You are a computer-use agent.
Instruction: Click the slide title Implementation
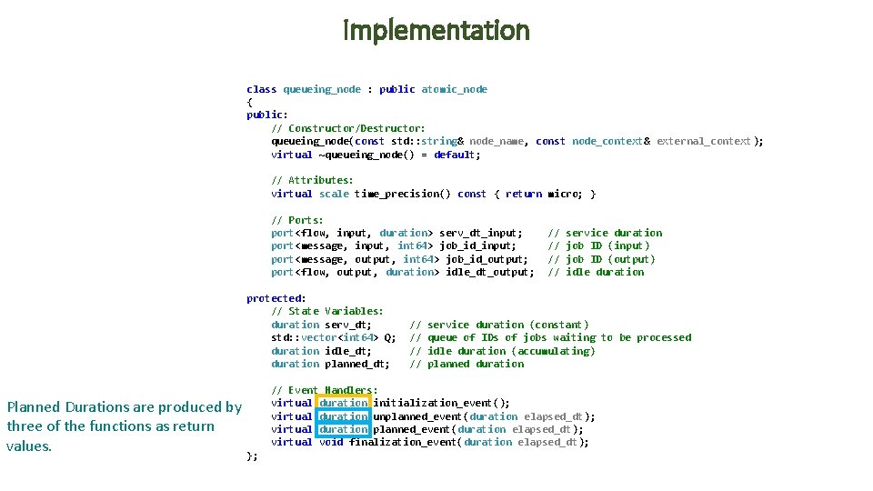[x=436, y=31]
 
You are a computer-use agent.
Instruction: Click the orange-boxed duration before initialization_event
[x=344, y=403]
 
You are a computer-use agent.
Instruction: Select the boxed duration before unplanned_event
[x=344, y=416]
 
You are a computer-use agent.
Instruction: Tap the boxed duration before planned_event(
[x=344, y=429]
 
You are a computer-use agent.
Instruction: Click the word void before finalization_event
[x=331, y=443]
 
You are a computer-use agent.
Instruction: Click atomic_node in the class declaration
[x=454, y=89]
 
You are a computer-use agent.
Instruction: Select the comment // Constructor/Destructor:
[x=347, y=128]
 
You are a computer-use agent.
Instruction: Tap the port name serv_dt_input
[x=480, y=233]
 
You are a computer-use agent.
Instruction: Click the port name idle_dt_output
[x=489, y=272]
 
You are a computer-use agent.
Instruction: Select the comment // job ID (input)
[x=599, y=245]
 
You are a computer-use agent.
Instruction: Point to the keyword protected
[x=274, y=298]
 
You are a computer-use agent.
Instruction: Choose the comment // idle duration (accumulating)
[x=503, y=351]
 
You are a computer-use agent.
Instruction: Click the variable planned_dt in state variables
[x=357, y=364]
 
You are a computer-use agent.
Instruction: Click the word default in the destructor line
[x=455, y=155]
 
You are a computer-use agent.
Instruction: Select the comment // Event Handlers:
[x=325, y=390]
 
